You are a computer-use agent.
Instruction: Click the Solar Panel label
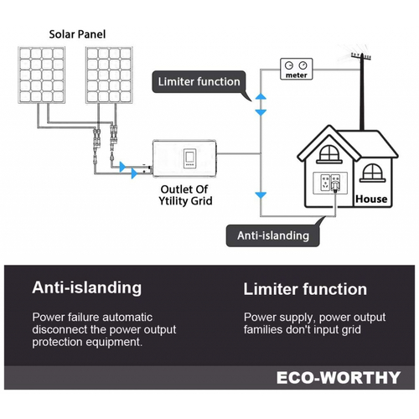point(77,34)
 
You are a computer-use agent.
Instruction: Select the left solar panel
point(42,75)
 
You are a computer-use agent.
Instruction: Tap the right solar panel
point(109,75)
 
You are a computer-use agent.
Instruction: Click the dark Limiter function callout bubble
point(199,82)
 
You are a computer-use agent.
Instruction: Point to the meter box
point(297,69)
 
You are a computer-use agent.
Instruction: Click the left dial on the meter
point(288,65)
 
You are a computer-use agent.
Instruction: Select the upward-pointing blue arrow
point(261,96)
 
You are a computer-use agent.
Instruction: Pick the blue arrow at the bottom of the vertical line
point(261,195)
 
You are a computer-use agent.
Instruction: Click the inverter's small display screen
point(189,158)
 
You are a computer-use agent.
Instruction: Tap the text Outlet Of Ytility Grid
point(185,195)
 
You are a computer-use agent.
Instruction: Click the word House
point(371,199)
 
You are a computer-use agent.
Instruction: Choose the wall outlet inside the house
point(330,183)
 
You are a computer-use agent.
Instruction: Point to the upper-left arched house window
point(329,154)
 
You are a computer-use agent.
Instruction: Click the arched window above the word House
point(372,173)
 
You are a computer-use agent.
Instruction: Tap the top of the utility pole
point(362,55)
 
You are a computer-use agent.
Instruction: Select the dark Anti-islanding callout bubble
point(273,235)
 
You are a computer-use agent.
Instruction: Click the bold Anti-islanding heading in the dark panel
point(87,288)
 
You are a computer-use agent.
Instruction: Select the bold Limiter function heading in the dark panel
point(305,289)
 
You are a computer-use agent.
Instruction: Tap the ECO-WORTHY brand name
point(339,378)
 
